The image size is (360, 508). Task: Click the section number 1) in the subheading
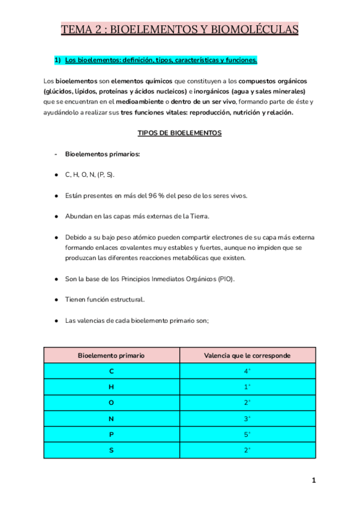coord(58,61)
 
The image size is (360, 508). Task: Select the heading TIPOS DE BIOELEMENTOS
coord(179,133)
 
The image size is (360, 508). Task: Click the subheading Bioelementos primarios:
coord(103,154)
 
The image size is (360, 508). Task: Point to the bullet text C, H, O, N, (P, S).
coord(89,174)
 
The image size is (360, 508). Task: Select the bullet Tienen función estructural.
coord(105,300)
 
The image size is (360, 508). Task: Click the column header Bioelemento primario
coord(111,355)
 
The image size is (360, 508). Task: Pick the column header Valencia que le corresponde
coord(247,355)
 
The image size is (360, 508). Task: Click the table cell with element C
coord(111,371)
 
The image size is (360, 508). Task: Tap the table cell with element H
coord(111,387)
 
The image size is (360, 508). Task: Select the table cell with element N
coord(111,418)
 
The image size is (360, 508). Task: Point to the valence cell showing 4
coord(247,371)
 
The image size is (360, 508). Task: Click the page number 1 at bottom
coord(313,480)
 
